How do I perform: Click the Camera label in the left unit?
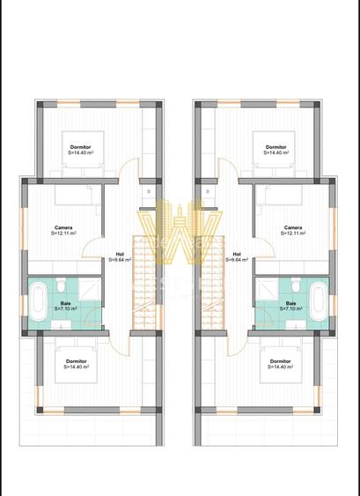pos(62,227)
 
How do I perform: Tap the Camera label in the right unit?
pos(293,227)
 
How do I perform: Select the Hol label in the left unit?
pos(120,253)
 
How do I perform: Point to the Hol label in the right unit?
pos(236,253)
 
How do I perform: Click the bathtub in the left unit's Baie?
pos(38,301)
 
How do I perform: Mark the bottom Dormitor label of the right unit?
pos(280,361)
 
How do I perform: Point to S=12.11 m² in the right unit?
pos(293,233)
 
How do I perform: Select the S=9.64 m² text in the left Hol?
pos(120,260)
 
